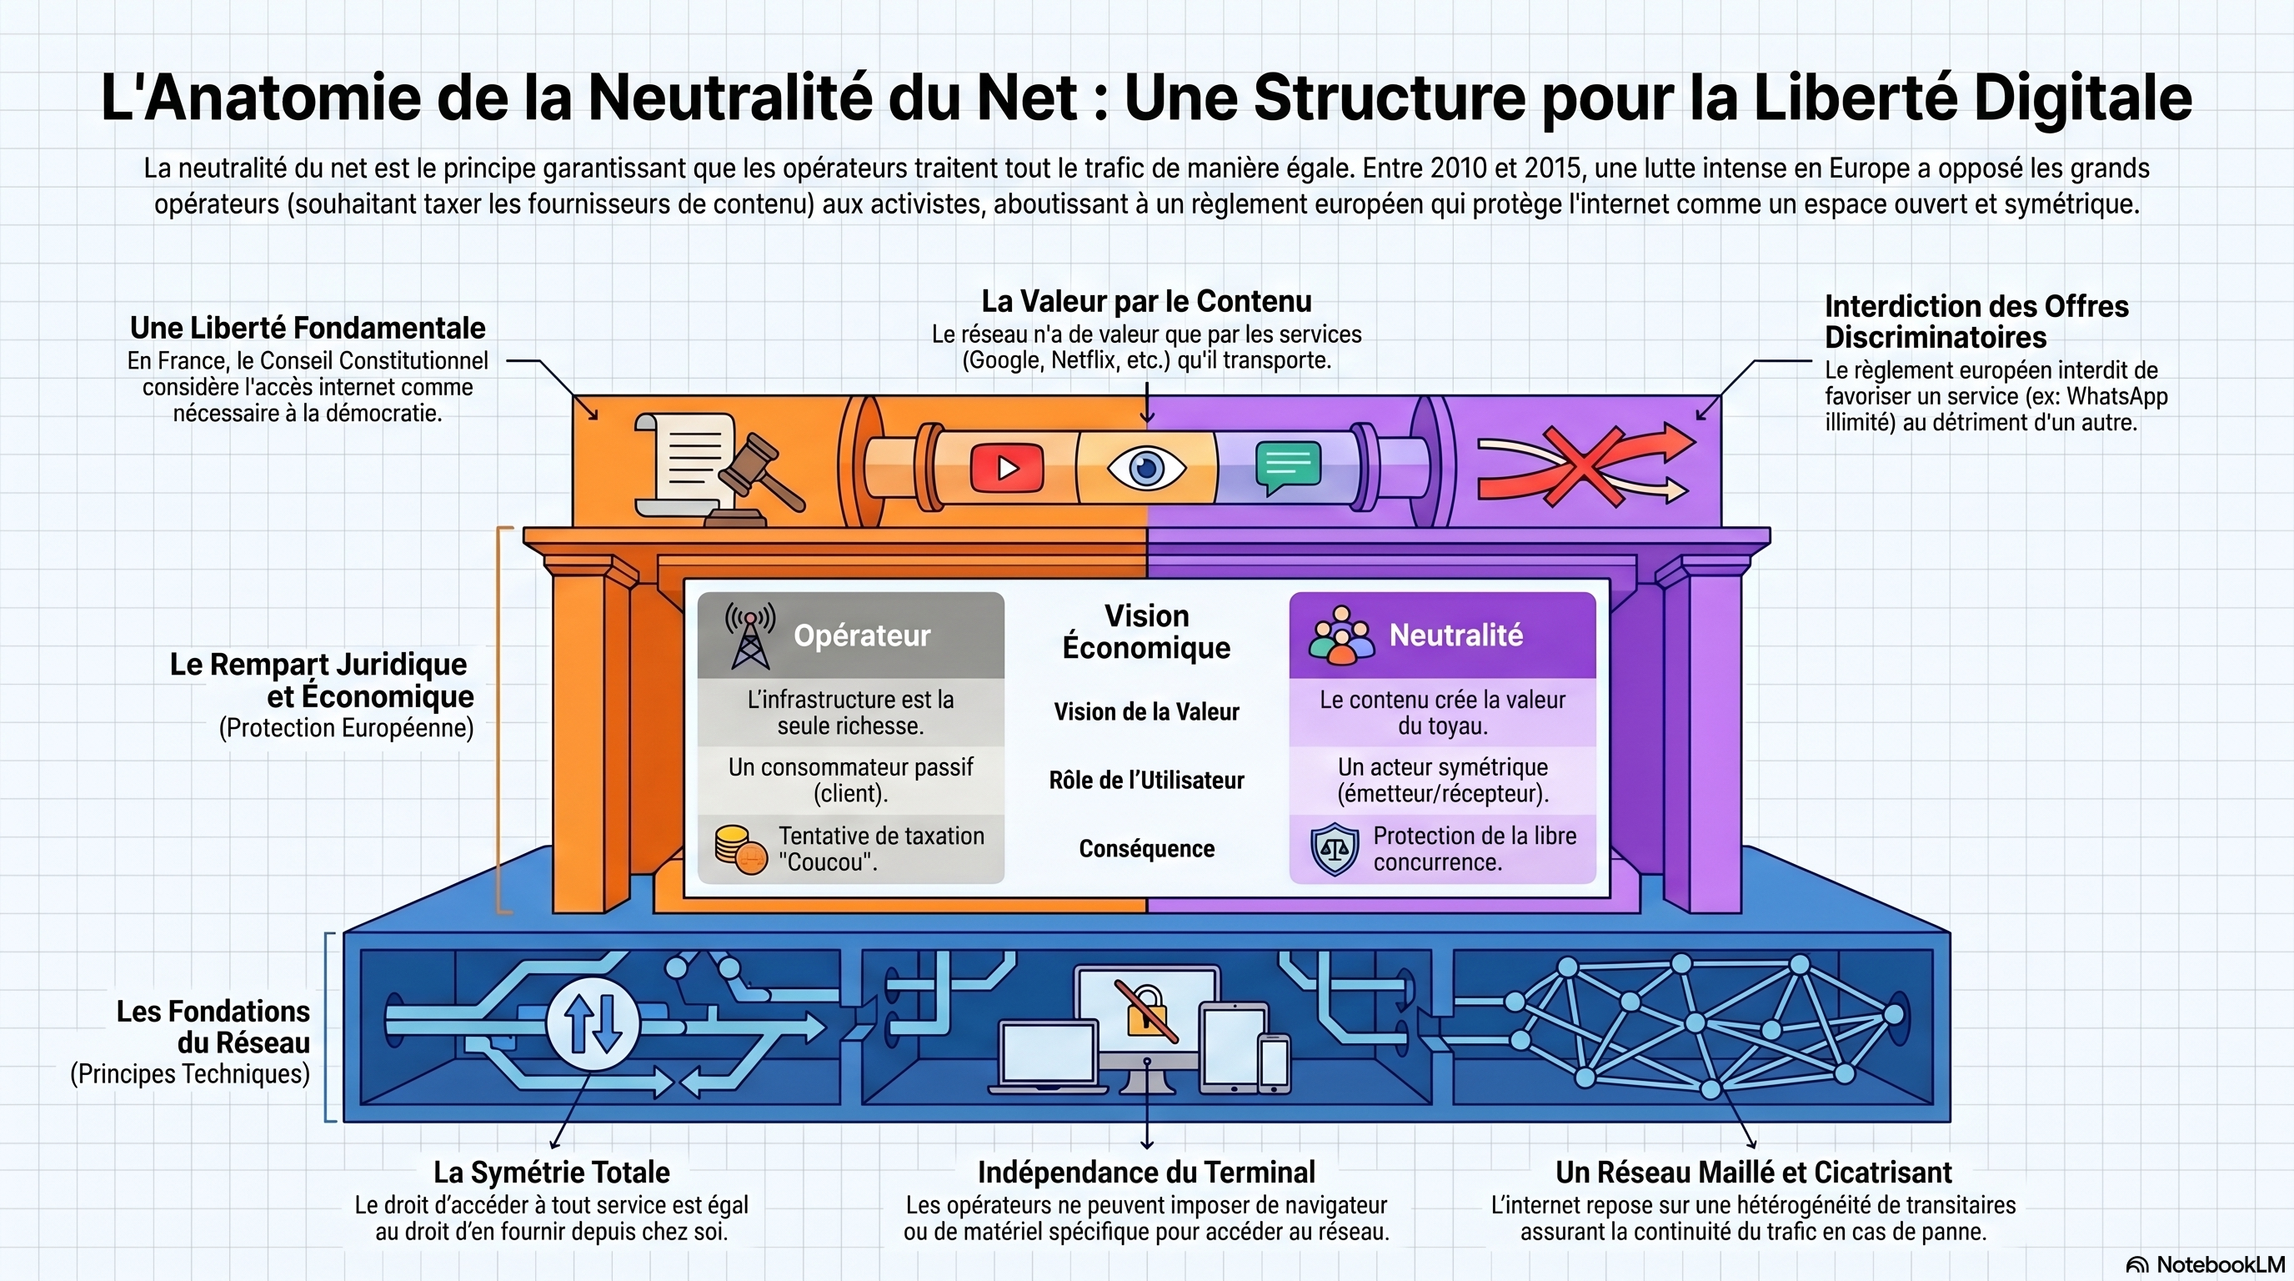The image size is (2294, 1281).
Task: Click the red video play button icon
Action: point(1007,467)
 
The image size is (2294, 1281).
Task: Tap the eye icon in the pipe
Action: point(1146,467)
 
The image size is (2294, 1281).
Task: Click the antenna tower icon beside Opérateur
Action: point(750,635)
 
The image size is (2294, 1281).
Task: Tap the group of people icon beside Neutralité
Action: point(1341,635)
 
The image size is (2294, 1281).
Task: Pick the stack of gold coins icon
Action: point(741,850)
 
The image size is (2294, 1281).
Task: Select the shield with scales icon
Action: point(1334,850)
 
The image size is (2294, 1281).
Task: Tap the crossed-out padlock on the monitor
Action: point(1147,1012)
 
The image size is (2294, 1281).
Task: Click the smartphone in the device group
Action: point(1274,1062)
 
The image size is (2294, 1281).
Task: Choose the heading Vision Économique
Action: point(1146,631)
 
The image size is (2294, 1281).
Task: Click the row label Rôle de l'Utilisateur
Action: point(1146,781)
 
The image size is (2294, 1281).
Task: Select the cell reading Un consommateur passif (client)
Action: point(850,781)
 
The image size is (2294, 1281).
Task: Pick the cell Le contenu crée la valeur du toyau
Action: point(1443,713)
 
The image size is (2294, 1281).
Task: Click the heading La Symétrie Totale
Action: point(551,1173)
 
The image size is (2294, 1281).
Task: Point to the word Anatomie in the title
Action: point(282,97)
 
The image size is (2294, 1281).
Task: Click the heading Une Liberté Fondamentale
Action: point(308,328)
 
